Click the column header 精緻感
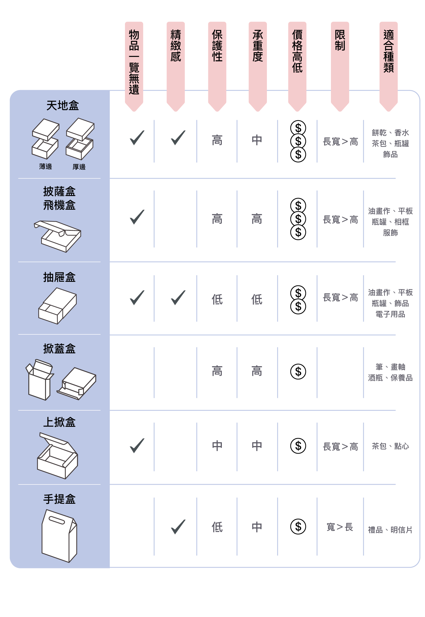[x=176, y=46]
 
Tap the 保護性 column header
[x=217, y=46]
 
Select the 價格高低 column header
[x=297, y=51]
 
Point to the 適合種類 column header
[x=388, y=51]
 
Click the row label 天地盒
[x=63, y=106]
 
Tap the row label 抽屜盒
[x=59, y=277]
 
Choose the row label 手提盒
[x=59, y=499]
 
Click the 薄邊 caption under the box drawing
[x=46, y=166]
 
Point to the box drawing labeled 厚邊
[x=80, y=139]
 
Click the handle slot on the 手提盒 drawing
[x=57, y=520]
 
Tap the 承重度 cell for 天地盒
[x=257, y=140]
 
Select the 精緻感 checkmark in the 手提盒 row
[x=178, y=527]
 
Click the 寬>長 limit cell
[x=340, y=527]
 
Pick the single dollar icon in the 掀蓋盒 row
[x=298, y=372]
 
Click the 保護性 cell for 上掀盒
[x=217, y=446]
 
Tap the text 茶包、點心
[x=390, y=446]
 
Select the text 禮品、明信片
[x=390, y=530]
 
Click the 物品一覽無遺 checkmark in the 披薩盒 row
[x=137, y=217]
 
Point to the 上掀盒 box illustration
[x=58, y=456]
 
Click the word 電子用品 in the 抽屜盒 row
[x=390, y=314]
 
